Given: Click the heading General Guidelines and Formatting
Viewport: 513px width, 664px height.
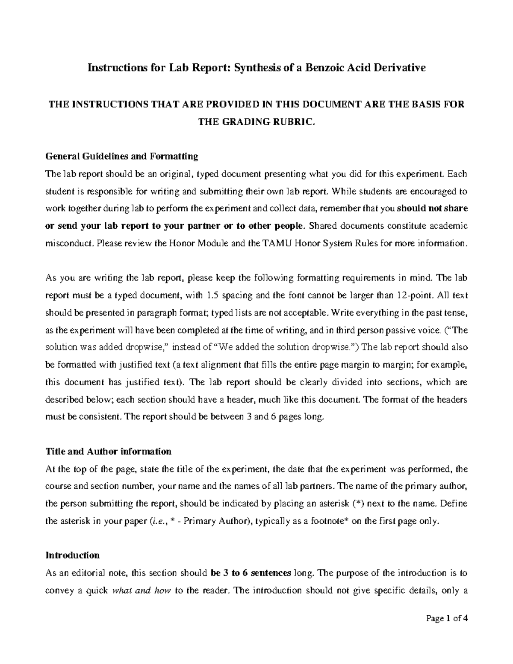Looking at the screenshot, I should coord(122,156).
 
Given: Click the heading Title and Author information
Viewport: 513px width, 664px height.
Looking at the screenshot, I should coord(109,452).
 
